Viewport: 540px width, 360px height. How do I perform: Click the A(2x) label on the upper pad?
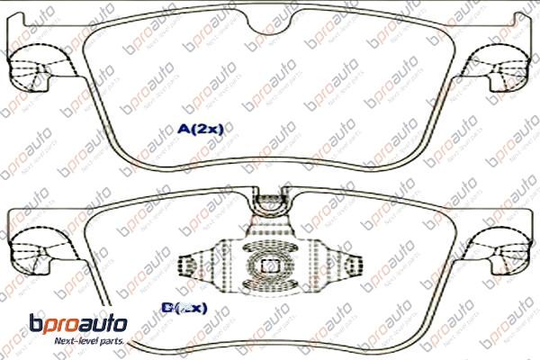coord(199,129)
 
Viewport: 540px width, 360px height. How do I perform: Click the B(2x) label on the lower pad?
coord(184,308)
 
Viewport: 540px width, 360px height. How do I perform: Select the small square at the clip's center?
coord(267,266)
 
